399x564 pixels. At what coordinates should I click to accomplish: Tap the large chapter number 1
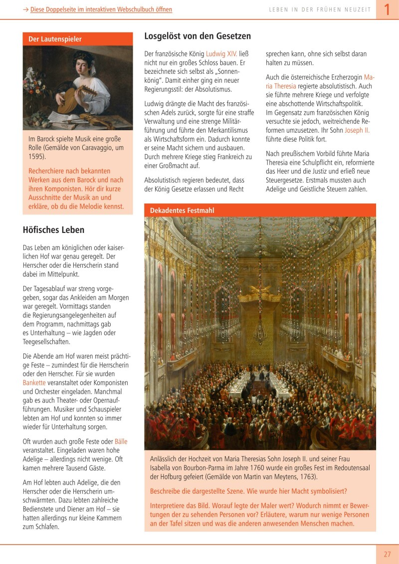387,10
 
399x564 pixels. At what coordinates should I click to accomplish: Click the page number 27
387,554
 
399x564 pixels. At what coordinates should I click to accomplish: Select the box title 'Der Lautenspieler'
55,39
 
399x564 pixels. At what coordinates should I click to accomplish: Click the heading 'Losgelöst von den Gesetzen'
198,36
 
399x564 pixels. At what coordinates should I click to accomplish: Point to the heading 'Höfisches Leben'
53,230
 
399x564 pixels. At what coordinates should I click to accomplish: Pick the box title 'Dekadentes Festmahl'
182,210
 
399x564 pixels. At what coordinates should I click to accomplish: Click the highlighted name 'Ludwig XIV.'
222,53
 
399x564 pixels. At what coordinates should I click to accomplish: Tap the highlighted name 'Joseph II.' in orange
357,131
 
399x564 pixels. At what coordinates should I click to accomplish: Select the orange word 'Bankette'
34,382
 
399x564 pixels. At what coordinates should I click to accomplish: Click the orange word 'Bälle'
121,441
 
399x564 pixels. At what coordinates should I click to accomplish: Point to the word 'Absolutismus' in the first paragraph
211,89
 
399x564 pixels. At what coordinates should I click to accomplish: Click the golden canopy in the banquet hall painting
259,296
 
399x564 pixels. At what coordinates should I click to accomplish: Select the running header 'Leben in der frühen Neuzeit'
320,10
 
